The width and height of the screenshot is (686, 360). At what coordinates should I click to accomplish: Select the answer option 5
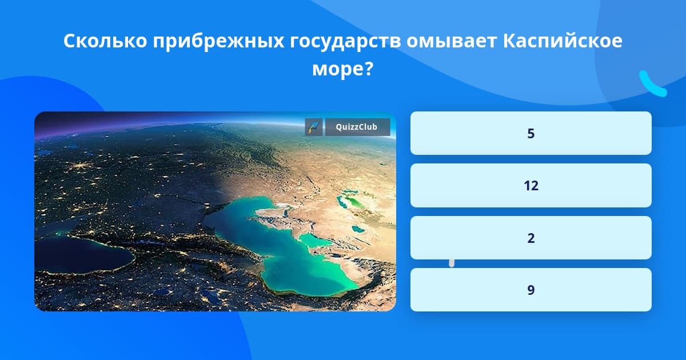coord(531,133)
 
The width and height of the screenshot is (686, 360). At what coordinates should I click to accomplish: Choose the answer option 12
coord(531,186)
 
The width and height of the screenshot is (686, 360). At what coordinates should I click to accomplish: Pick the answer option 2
coord(531,238)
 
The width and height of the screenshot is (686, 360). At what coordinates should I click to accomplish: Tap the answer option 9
coord(531,290)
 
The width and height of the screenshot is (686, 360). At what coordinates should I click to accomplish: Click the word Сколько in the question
coord(105,41)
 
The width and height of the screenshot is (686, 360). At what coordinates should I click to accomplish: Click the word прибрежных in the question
coord(218,42)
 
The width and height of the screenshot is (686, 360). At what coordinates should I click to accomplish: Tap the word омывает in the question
coord(452,42)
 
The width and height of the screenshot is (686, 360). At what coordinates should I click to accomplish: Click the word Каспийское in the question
coord(563,41)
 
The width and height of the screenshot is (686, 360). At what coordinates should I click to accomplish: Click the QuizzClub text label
coord(357,127)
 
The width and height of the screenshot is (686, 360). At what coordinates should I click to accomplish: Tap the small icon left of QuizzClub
coord(314,127)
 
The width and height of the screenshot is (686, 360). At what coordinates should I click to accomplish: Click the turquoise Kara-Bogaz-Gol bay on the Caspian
coord(314,241)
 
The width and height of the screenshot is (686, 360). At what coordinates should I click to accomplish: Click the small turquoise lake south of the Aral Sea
coord(358,229)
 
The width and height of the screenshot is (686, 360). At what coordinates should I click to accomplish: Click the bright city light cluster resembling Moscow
coord(79,166)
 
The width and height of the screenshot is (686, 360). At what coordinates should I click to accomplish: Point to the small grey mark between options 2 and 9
coord(452,263)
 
